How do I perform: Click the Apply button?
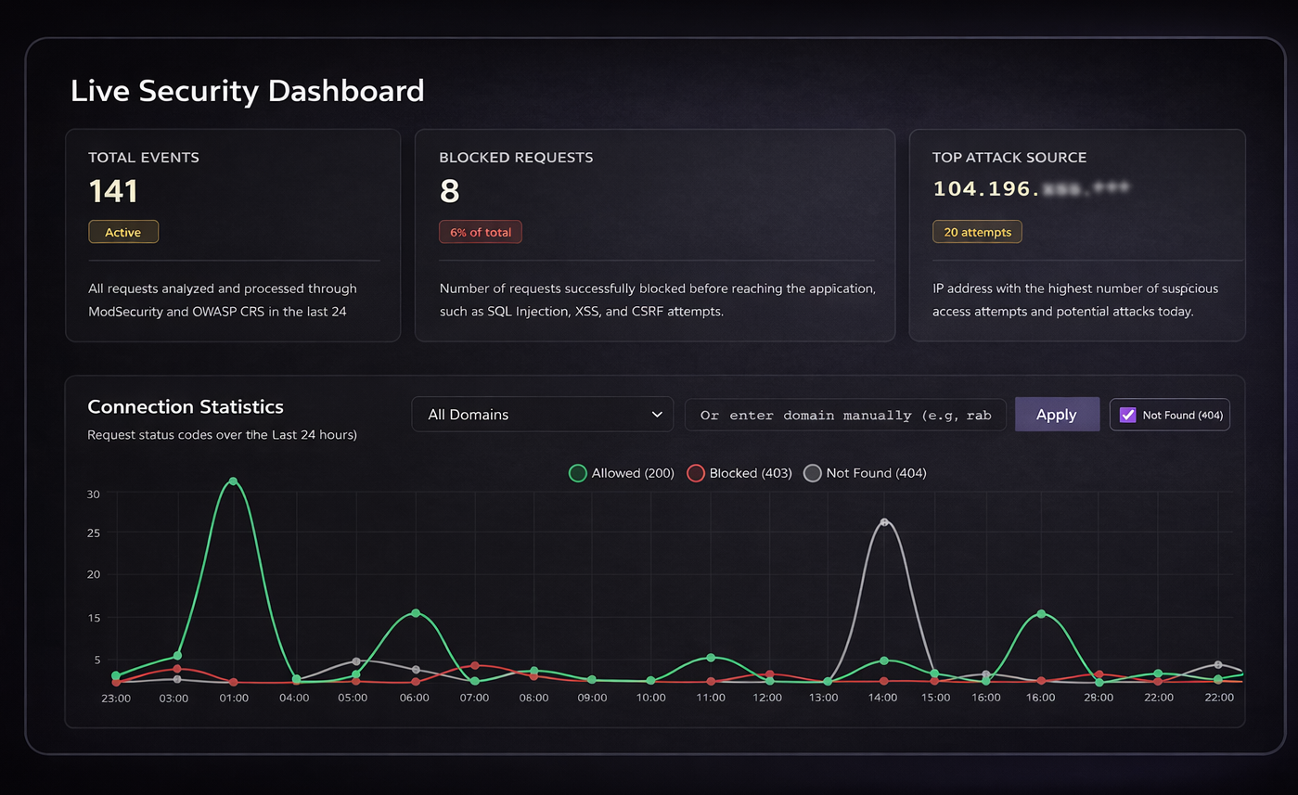pos(1056,415)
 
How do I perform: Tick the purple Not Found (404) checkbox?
pos(1127,415)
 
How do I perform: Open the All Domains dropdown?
pos(542,415)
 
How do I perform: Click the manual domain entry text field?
pos(845,415)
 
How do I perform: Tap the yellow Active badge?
pos(122,232)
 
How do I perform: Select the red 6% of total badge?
pos(480,232)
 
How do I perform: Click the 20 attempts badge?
pos(977,232)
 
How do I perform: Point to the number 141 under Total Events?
pos(113,191)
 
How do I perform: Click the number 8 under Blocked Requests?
pos(449,191)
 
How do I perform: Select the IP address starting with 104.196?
pos(1031,189)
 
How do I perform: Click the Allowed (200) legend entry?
pos(622,473)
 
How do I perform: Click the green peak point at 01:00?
pos(233,481)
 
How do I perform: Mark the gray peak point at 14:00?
pos(884,522)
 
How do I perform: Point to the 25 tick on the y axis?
pos(93,532)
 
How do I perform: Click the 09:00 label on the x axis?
pos(592,698)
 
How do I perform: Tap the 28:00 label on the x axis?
pos(1099,698)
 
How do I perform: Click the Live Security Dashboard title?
pos(247,91)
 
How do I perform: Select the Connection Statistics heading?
pos(186,406)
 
